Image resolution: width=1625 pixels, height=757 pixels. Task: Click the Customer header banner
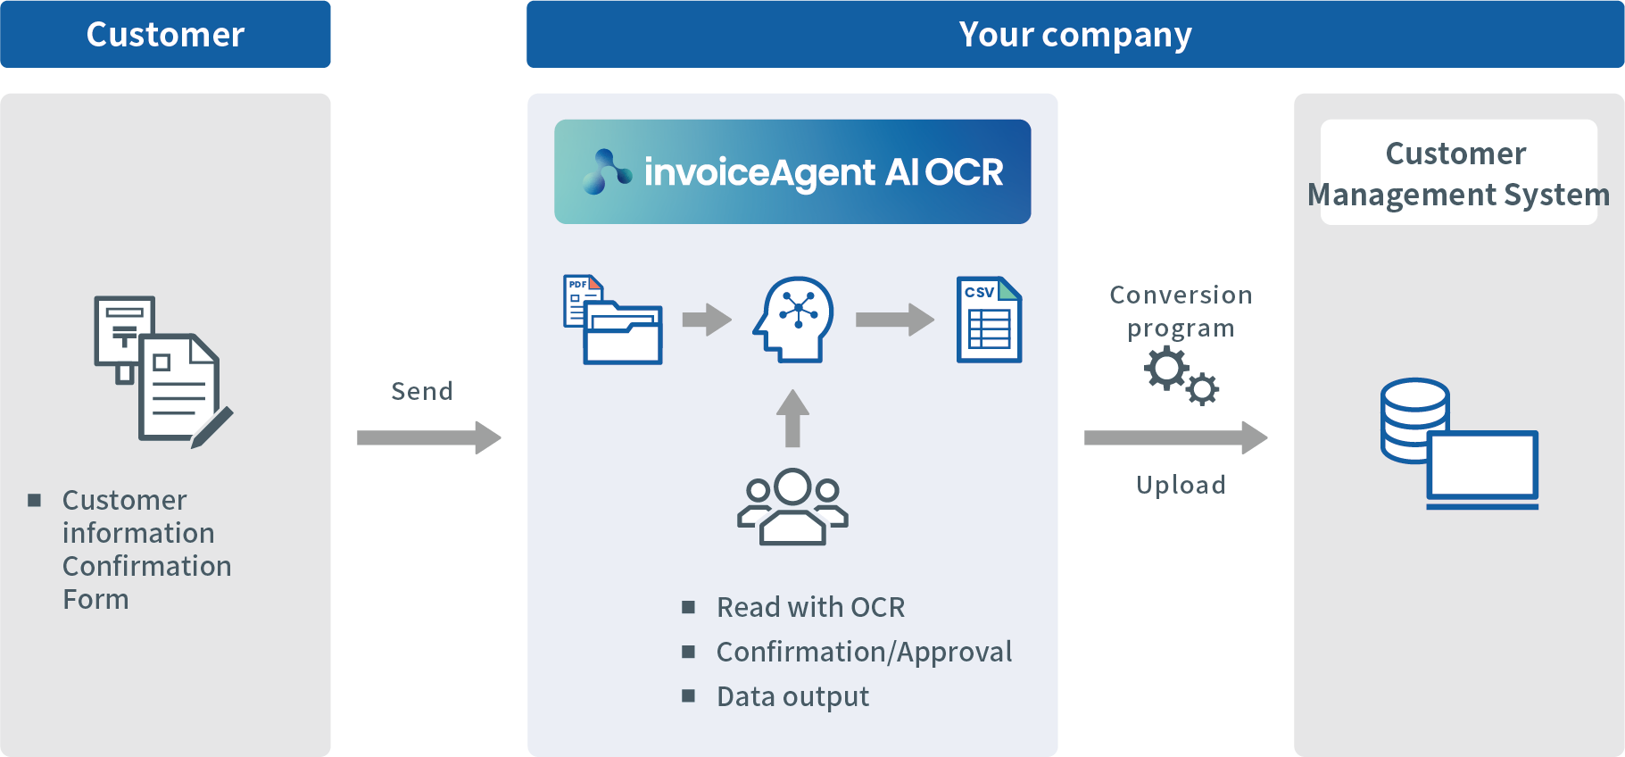click(165, 34)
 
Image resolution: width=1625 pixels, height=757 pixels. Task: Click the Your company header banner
click(1074, 34)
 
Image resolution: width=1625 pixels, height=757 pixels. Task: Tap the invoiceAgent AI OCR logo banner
click(792, 171)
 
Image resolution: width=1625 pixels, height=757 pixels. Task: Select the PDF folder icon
click(614, 321)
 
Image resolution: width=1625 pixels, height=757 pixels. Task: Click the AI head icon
click(794, 319)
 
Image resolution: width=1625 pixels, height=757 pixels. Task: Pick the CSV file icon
click(989, 320)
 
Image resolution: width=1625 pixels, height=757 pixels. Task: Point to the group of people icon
click(792, 506)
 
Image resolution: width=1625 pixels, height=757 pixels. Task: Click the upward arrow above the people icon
click(792, 418)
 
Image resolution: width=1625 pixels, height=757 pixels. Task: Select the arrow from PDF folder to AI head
click(707, 320)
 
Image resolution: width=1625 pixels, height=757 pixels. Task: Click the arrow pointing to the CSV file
click(894, 320)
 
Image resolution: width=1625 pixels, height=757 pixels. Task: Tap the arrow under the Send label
click(429, 437)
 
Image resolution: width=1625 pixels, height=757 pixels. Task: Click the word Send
click(422, 391)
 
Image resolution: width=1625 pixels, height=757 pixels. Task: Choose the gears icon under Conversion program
click(1181, 375)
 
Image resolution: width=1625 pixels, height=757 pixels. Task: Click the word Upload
click(1181, 485)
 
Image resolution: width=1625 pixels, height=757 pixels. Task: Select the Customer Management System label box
click(1458, 172)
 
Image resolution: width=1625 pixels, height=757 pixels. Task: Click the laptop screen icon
click(1483, 466)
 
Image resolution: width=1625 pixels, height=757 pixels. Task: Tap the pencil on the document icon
click(212, 427)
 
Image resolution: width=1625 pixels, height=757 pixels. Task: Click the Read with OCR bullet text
click(810, 607)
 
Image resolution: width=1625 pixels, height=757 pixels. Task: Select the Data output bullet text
click(792, 696)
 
